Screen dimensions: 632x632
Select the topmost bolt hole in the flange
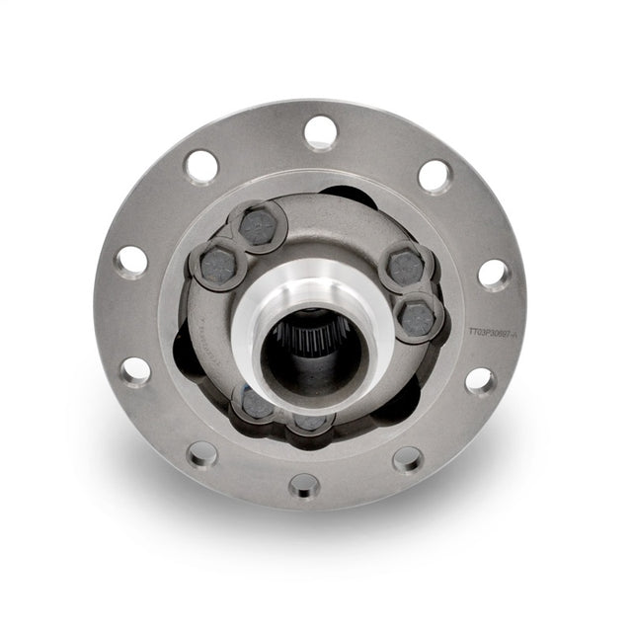tap(321, 130)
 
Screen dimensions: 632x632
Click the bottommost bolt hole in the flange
tap(305, 485)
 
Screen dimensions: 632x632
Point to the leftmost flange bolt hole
tap(130, 261)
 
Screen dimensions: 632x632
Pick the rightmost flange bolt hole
tap(495, 275)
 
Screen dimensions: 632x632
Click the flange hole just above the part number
tap(495, 275)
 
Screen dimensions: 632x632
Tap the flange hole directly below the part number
tap(480, 380)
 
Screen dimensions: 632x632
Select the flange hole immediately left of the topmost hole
tap(201, 165)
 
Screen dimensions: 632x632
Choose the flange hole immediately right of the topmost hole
tap(434, 176)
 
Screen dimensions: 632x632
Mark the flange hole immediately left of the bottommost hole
tap(202, 454)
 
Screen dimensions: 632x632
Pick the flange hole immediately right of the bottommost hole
tap(407, 458)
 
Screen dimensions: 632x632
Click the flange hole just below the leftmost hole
tap(135, 370)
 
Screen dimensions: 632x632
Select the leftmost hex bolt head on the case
tap(216, 263)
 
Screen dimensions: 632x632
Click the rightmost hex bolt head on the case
tap(418, 318)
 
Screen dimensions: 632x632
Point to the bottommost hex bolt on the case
tap(310, 422)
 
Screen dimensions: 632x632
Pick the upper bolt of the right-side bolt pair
tap(406, 267)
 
